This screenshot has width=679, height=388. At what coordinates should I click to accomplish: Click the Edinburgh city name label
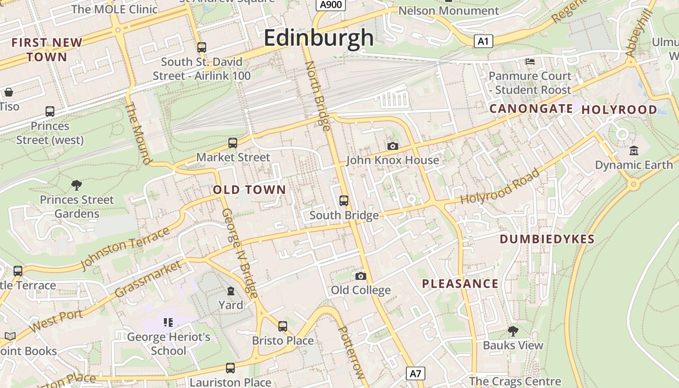coord(319,38)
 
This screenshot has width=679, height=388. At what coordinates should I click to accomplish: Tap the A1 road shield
coord(483,41)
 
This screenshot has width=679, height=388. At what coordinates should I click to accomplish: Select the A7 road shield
coord(416,373)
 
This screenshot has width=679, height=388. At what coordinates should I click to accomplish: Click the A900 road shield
coord(331,5)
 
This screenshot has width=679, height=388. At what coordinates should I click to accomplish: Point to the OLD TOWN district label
coord(249,190)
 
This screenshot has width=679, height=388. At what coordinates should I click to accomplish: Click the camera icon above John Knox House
coord(392,146)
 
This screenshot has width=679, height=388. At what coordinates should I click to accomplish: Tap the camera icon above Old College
coord(360,276)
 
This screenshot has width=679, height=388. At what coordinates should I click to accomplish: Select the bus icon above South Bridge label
coord(344,200)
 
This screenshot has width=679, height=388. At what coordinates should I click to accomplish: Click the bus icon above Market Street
coord(233,143)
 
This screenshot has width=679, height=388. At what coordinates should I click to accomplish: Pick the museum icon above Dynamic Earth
coord(633,151)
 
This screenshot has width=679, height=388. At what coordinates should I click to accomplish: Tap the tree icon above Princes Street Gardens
coord(76,185)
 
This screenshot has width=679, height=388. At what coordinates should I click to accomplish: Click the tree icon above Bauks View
coord(513,331)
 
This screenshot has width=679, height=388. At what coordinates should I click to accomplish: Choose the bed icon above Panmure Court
coord(530,62)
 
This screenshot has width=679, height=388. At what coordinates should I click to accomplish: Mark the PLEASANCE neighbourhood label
coord(460,284)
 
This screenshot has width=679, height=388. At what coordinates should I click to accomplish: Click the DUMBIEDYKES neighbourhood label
coord(547,239)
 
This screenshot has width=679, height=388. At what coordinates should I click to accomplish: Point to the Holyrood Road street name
coord(500,186)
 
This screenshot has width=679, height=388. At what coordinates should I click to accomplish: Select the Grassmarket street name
coord(149,278)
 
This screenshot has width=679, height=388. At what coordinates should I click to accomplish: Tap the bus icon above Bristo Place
coord(283,326)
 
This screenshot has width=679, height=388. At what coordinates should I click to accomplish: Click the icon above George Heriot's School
coord(168,322)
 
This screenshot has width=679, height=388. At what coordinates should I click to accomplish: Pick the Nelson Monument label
coord(448,11)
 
